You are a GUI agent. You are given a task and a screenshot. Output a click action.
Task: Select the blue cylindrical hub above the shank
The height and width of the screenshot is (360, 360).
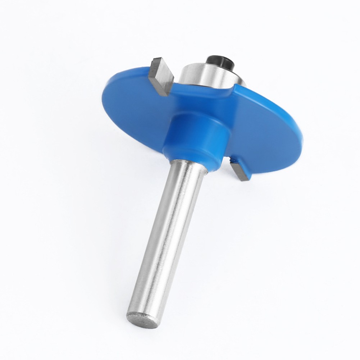coord(196,137)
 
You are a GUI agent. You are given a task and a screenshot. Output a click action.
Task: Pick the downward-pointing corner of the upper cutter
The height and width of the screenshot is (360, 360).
coord(165,95)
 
